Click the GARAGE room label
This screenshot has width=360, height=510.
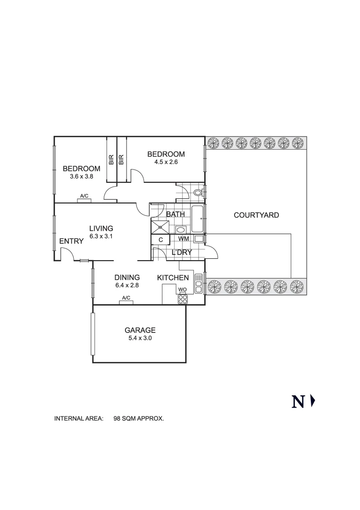[x=140, y=330]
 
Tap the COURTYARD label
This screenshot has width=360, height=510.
[x=256, y=215]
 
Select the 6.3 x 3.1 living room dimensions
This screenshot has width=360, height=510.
[x=101, y=237]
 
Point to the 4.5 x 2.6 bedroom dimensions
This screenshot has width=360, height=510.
[x=166, y=162]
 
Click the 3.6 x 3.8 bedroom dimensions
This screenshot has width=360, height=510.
[x=82, y=177]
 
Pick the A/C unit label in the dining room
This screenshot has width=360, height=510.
[x=126, y=297]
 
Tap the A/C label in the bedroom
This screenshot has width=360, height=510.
[x=84, y=196]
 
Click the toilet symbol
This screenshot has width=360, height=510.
[x=198, y=192]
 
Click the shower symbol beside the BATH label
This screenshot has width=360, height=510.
[x=160, y=227]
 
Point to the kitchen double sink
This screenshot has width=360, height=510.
[x=199, y=283]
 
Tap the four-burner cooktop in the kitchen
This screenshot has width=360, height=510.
[x=183, y=299]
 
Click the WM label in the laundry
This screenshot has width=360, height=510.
[x=184, y=239]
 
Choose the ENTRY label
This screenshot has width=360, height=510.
[x=71, y=241]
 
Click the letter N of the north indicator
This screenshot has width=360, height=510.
[x=298, y=402]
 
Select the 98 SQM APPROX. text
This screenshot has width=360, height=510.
[x=138, y=418]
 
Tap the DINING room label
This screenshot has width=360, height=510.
[x=127, y=278]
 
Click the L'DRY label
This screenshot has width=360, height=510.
[x=182, y=252]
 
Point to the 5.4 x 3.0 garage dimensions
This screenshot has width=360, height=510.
[x=140, y=338]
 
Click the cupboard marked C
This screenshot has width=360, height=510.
[x=160, y=240]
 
